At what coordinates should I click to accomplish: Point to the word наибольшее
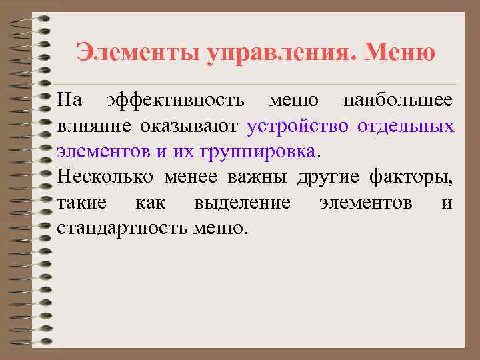click(397, 101)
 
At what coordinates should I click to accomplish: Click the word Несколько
click(105, 177)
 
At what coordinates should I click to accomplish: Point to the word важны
click(254, 177)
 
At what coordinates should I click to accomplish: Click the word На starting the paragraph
click(69, 101)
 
